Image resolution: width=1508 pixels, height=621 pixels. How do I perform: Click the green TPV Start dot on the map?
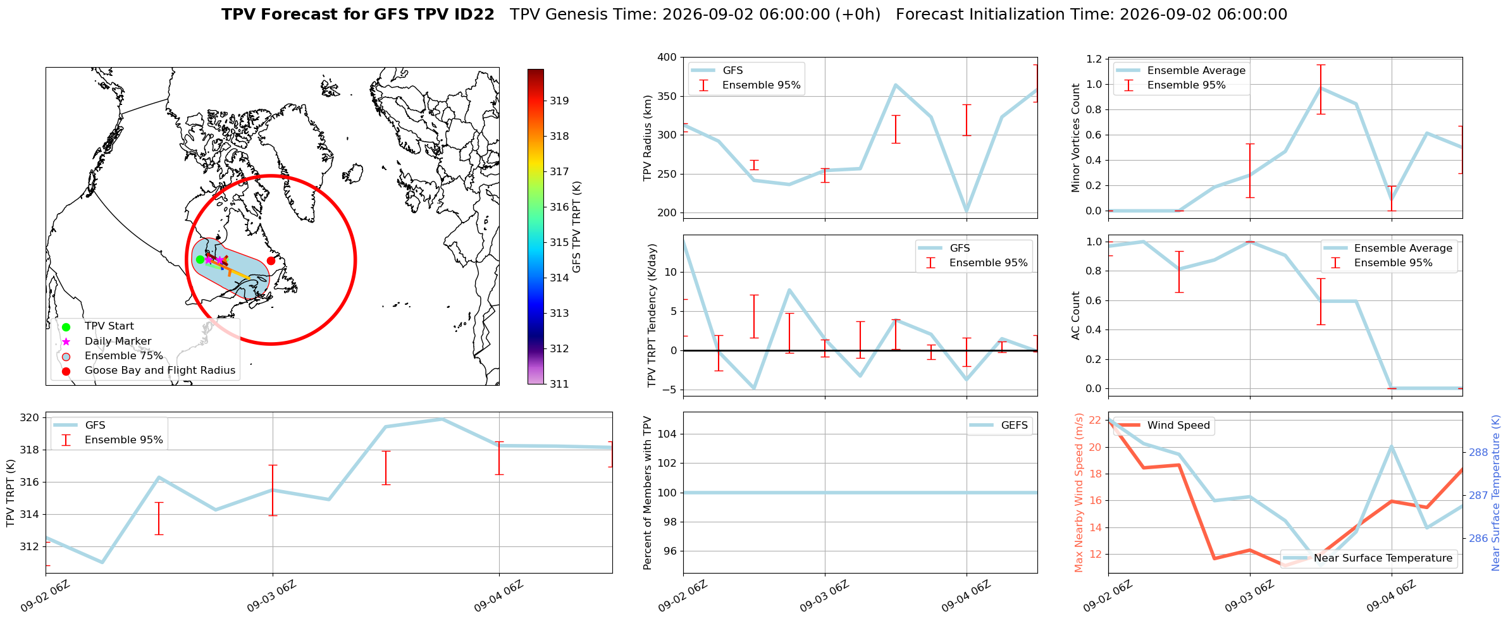tap(200, 259)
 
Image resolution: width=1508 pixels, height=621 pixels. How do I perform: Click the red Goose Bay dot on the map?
tap(271, 261)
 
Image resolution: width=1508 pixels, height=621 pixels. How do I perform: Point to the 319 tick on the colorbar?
tap(559, 101)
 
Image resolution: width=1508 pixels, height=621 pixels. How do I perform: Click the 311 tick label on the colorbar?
tap(559, 384)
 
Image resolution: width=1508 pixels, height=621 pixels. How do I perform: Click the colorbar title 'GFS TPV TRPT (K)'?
tap(577, 227)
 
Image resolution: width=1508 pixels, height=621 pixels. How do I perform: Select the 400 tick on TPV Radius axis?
tap(668, 58)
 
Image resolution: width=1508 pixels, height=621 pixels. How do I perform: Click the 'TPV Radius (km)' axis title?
tap(647, 138)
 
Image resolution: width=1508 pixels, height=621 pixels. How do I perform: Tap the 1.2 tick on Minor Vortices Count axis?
tap(1094, 59)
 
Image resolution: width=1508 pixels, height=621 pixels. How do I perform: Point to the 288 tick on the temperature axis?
tap(1478, 452)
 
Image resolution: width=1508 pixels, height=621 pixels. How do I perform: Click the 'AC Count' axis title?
tap(1076, 316)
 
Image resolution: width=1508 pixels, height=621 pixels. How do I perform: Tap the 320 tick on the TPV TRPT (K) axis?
tap(30, 417)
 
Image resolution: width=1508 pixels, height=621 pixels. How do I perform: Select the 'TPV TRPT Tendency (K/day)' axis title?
tap(652, 316)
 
